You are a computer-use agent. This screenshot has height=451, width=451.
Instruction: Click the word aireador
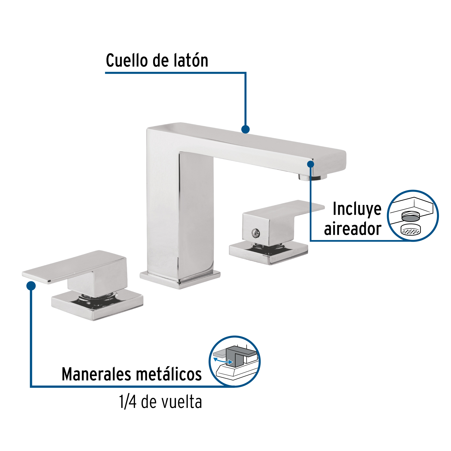tap(353, 229)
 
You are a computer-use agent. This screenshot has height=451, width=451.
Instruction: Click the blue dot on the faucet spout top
tap(246, 129)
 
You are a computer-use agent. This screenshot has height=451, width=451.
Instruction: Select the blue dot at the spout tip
tap(311, 164)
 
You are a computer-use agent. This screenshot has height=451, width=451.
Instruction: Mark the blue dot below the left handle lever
tap(31, 286)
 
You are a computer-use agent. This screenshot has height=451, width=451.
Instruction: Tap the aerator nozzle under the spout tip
tap(312, 177)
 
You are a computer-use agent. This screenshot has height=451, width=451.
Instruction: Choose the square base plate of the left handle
tap(97, 305)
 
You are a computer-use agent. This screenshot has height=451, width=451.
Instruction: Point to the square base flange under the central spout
tap(180, 280)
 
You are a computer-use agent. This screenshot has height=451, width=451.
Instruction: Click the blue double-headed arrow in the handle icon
tap(223, 361)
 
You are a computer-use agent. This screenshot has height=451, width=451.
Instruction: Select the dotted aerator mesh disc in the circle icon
tap(411, 230)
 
